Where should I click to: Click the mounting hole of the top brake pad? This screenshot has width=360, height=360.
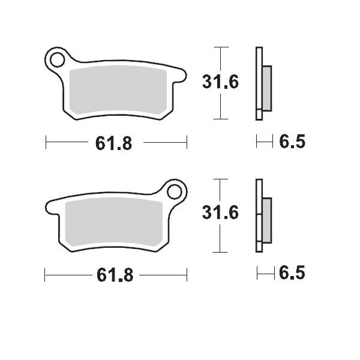pyautogui.click(x=58, y=59)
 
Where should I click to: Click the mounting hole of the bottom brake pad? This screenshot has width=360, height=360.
pyautogui.click(x=175, y=192)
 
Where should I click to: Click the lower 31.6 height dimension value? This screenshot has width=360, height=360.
pyautogui.click(x=220, y=213)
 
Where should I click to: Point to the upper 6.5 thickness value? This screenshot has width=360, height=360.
pyautogui.click(x=292, y=142)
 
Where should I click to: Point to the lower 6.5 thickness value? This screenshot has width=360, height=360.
pyautogui.click(x=292, y=274)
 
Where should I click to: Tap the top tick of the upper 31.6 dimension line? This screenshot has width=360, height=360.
pyautogui.click(x=222, y=46)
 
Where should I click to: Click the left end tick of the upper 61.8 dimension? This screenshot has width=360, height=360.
pyautogui.click(x=46, y=143)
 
